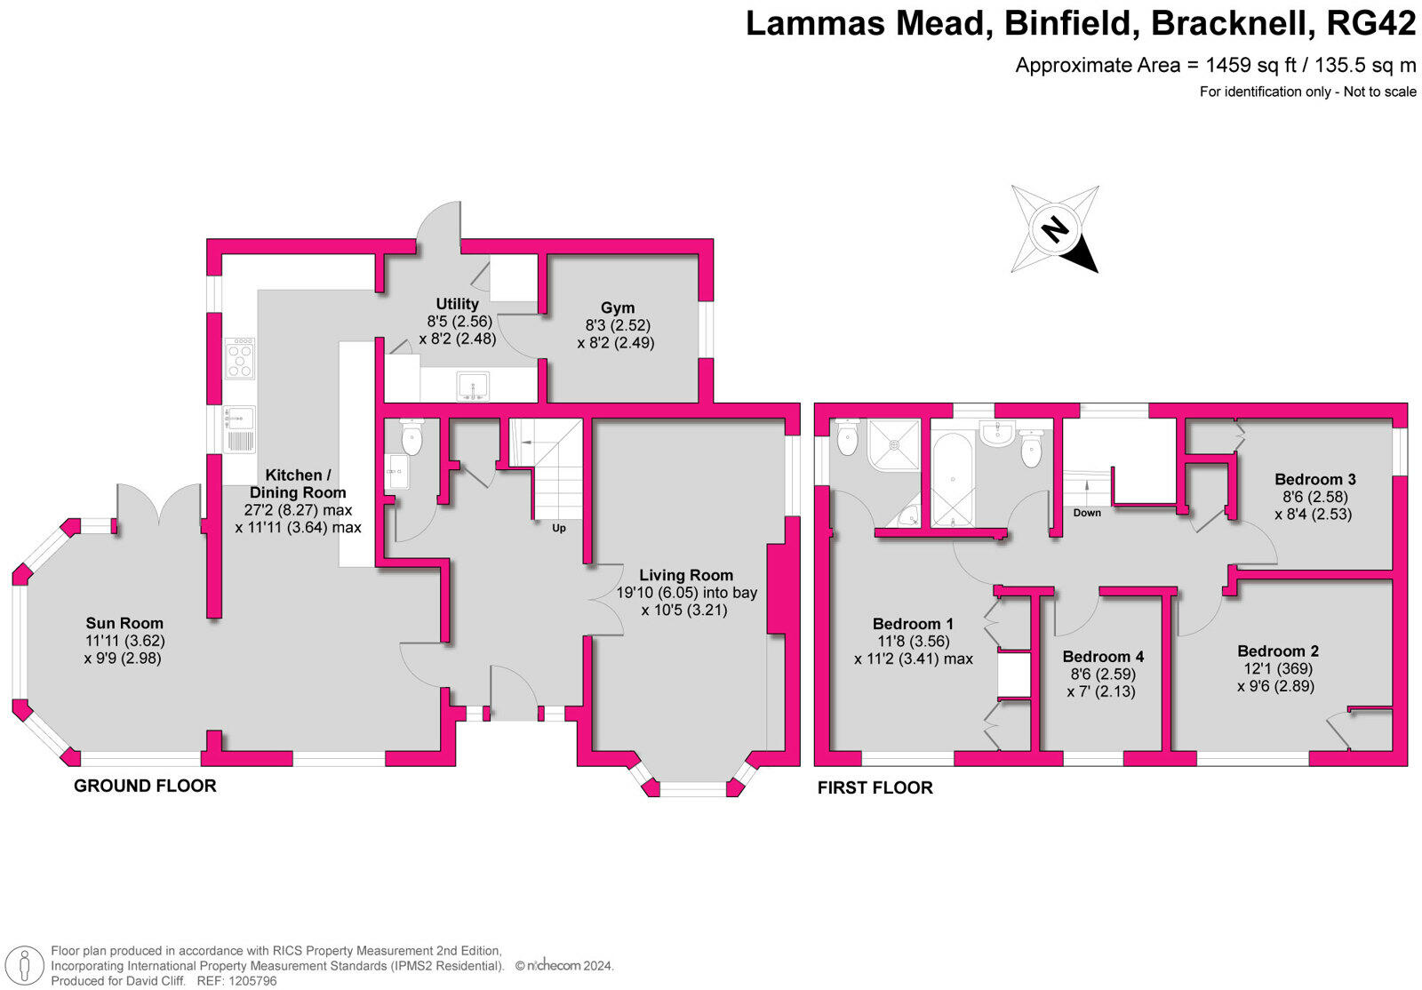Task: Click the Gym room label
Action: [x=617, y=308]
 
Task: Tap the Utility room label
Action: [x=457, y=304]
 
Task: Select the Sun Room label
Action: [x=124, y=623]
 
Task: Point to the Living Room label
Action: [x=686, y=575]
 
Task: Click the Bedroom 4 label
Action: [x=1103, y=657]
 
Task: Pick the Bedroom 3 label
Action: [x=1314, y=479]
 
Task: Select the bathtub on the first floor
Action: [x=952, y=479]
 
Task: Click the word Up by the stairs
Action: [x=559, y=528]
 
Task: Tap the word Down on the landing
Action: [x=1086, y=513]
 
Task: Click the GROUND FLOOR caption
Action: [x=145, y=786]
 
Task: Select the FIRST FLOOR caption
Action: [x=875, y=787]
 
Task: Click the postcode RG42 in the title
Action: [x=1370, y=24]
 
